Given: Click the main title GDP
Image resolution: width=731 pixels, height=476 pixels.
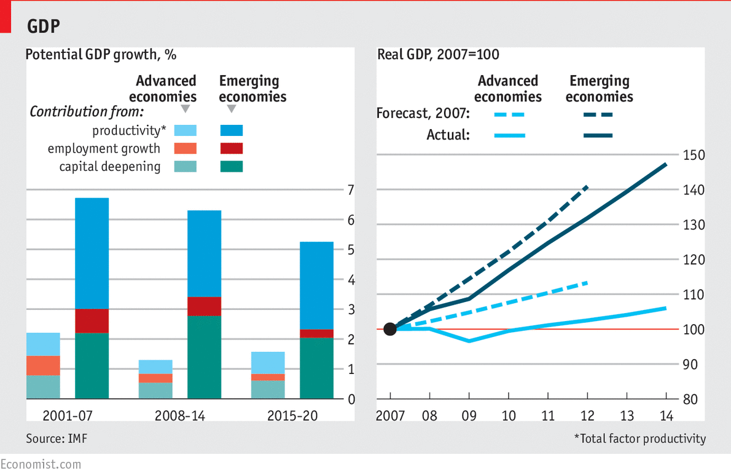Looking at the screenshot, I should pyautogui.click(x=43, y=26).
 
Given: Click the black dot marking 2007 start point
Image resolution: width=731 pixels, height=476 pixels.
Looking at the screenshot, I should pyautogui.click(x=390, y=329).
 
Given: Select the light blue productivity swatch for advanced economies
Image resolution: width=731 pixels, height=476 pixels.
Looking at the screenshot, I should pyautogui.click(x=186, y=130).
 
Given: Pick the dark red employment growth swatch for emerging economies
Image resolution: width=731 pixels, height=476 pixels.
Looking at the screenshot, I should pyautogui.click(x=231, y=148).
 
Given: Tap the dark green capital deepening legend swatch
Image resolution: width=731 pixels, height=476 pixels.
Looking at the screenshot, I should pyautogui.click(x=231, y=167).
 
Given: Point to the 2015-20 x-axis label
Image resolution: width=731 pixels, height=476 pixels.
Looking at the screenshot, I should pyautogui.click(x=292, y=416).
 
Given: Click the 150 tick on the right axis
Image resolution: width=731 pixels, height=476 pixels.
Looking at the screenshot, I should pyautogui.click(x=692, y=155).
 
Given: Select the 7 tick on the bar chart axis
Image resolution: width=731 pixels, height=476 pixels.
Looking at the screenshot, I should pyautogui.click(x=351, y=190).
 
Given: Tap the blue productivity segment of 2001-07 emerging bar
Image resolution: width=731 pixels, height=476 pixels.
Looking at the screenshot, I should pyautogui.click(x=92, y=253).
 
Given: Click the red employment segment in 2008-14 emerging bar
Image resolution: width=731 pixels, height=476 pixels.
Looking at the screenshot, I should pyautogui.click(x=204, y=306).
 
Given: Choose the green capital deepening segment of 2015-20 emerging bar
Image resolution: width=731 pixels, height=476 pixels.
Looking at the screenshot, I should pyautogui.click(x=316, y=368).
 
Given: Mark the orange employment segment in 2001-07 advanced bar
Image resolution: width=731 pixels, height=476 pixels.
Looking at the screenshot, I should pyautogui.click(x=43, y=365).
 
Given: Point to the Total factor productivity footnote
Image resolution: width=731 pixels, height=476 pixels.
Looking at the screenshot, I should pyautogui.click(x=640, y=438).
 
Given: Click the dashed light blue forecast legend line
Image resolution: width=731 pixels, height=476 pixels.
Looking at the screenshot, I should pyautogui.click(x=509, y=114).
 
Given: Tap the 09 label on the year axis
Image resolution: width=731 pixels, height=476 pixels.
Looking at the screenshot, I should pyautogui.click(x=469, y=416).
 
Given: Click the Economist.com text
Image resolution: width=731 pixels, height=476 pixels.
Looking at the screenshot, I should pyautogui.click(x=41, y=464).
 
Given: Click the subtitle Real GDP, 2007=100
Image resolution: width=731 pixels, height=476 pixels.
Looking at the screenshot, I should pyautogui.click(x=438, y=54).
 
